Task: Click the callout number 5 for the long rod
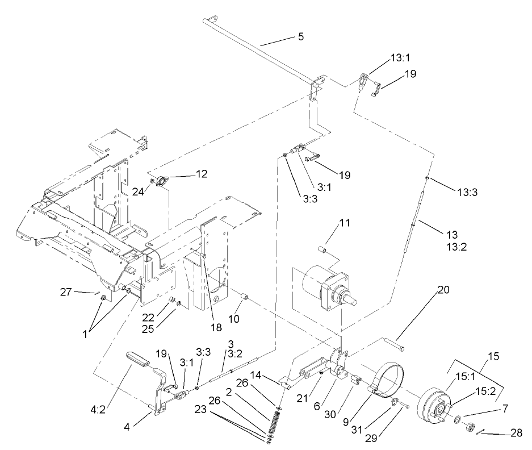coord(300,37)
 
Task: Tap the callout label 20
coord(443,289)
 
